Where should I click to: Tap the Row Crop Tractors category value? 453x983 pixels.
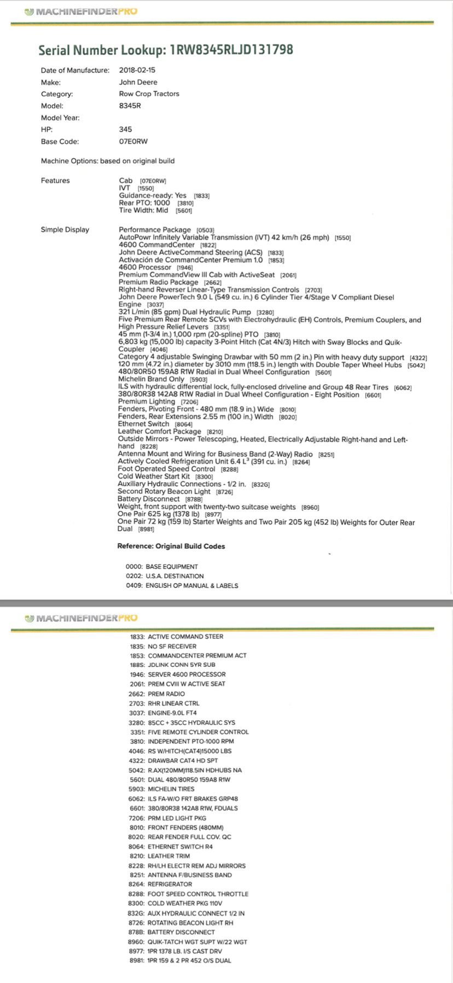149,94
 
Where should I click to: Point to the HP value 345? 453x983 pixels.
125,130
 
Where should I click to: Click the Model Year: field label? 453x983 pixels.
60,118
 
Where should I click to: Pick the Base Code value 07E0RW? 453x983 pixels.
133,142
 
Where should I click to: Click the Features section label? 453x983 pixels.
55,181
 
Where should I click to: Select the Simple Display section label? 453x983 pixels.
65,230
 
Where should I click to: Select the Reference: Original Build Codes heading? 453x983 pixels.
171,546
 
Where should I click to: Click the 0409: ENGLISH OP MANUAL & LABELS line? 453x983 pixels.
182,585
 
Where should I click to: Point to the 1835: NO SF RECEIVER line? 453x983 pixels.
163,646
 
